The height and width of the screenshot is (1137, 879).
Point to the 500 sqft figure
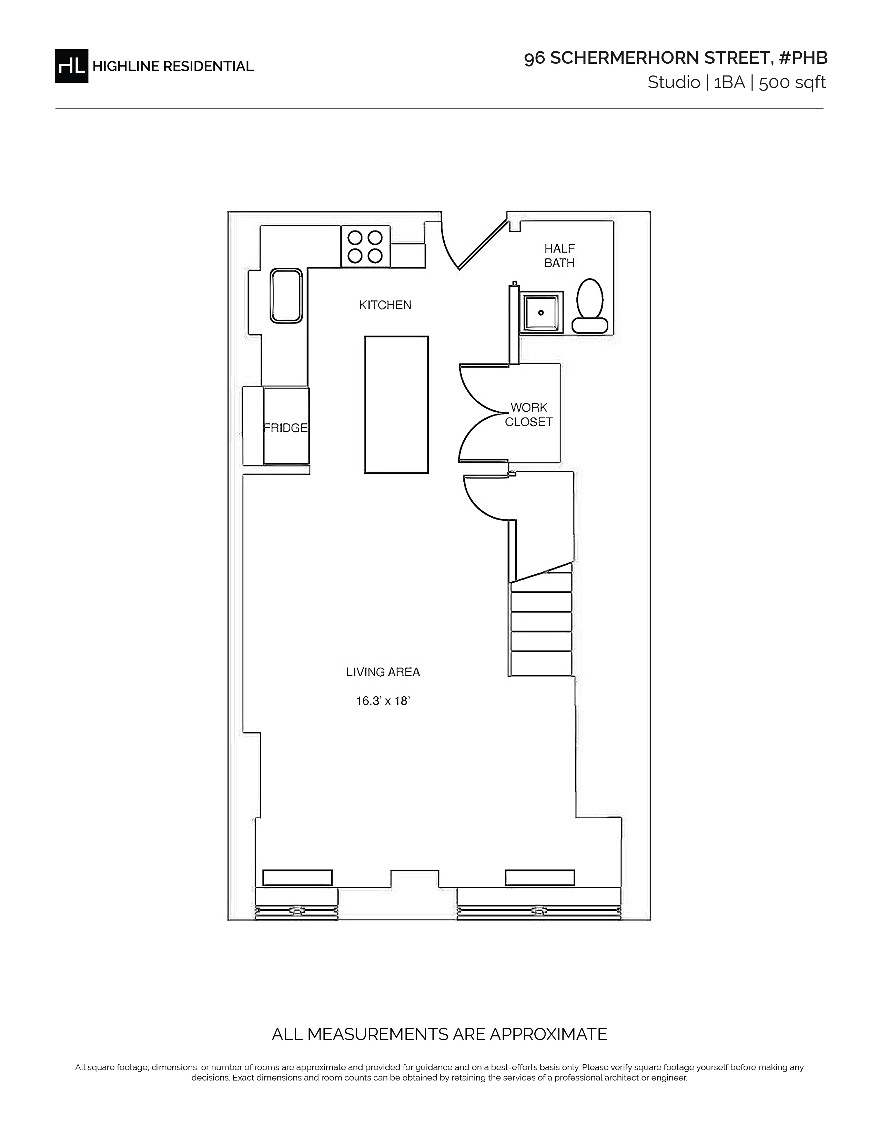[792, 83]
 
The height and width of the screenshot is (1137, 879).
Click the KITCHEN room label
[385, 305]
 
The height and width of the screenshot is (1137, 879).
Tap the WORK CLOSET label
[528, 414]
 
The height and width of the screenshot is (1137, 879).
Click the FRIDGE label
[286, 428]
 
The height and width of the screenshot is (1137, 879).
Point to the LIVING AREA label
[383, 672]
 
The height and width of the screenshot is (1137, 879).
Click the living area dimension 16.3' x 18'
[383, 701]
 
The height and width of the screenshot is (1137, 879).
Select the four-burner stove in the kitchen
[365, 247]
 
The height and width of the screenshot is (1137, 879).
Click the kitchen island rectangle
[396, 404]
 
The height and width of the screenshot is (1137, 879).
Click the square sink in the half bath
[542, 313]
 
